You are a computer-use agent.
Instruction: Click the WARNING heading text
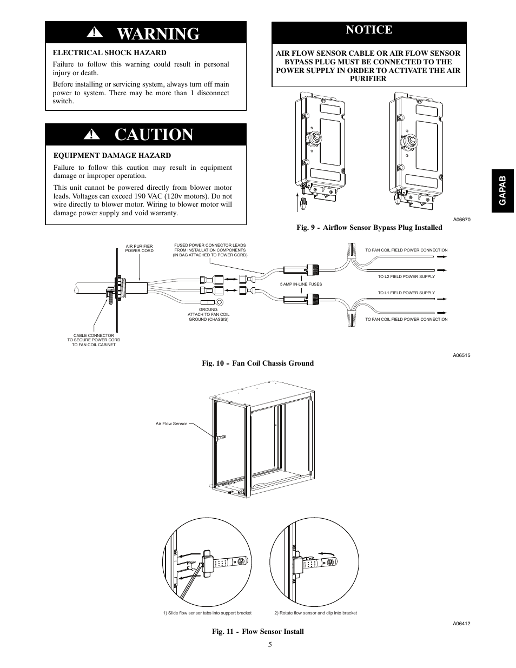(158, 34)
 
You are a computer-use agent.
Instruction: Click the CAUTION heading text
(154, 135)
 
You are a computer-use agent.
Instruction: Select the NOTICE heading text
(369, 30)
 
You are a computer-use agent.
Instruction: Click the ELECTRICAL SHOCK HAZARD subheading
(109, 52)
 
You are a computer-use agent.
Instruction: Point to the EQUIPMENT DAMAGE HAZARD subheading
(112, 155)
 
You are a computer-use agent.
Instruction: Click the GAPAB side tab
(504, 190)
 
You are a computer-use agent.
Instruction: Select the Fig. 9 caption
(369, 227)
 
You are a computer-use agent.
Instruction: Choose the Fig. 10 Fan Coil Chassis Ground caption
(257, 363)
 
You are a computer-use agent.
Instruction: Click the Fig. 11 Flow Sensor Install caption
(257, 631)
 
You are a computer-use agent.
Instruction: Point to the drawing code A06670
(461, 220)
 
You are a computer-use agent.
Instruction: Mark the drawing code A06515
(461, 355)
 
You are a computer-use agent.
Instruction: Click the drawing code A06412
(461, 623)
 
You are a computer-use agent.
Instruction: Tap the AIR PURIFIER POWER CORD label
(139, 248)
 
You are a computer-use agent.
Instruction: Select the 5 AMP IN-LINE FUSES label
(301, 284)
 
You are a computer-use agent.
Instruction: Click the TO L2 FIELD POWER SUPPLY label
(406, 276)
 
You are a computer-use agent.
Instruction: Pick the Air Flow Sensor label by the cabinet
(171, 424)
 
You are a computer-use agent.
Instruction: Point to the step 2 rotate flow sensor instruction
(315, 613)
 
